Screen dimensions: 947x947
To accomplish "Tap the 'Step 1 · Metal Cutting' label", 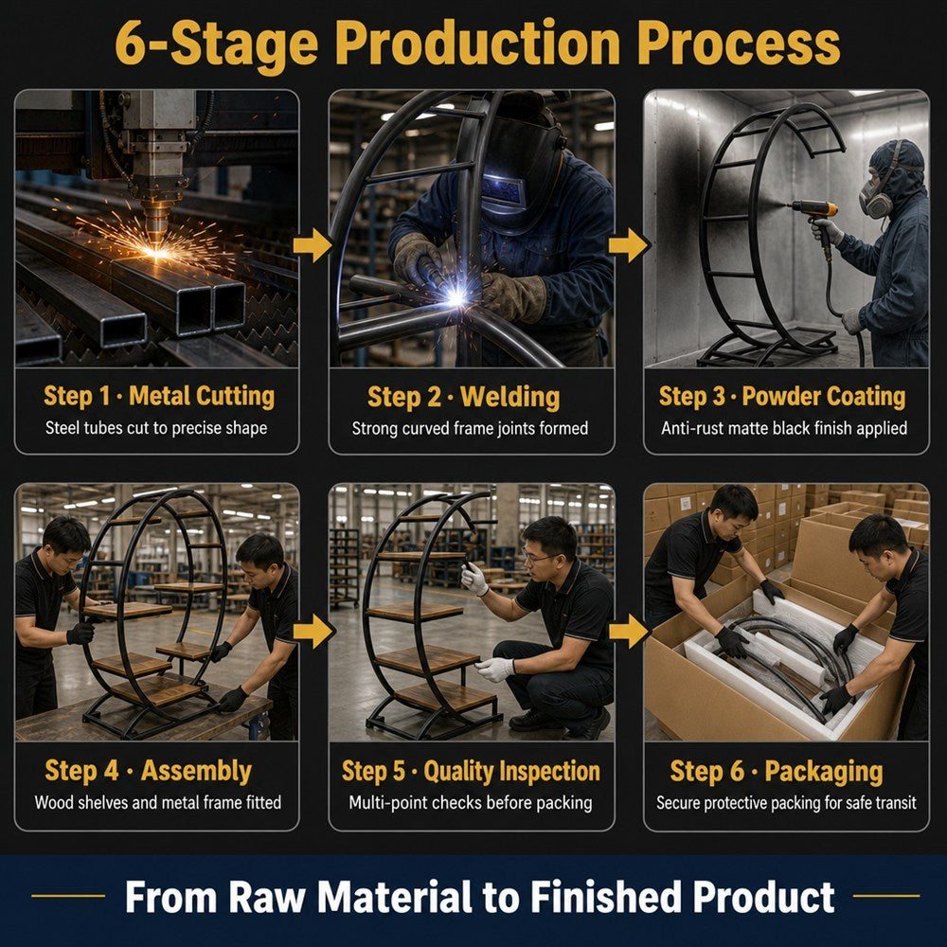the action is (159, 397).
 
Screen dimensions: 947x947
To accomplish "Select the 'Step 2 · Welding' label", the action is (463, 398).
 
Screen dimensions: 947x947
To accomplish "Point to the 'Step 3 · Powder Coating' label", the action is (782, 397).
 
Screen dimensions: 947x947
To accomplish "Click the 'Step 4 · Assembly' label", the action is (148, 771).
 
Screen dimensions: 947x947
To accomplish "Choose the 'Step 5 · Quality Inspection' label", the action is (471, 771).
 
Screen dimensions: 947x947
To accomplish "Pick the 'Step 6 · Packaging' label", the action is (777, 772).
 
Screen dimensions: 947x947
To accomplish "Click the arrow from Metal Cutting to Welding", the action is (313, 245).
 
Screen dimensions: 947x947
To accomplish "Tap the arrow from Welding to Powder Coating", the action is (629, 245).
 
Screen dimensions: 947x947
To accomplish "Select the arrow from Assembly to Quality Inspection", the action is (313, 631).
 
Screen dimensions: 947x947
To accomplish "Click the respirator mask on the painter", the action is (875, 198).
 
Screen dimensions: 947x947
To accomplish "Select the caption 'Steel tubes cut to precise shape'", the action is (156, 428).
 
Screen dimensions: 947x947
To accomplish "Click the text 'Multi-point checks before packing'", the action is (471, 803).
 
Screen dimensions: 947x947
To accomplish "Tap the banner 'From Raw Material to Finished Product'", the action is (479, 897).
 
